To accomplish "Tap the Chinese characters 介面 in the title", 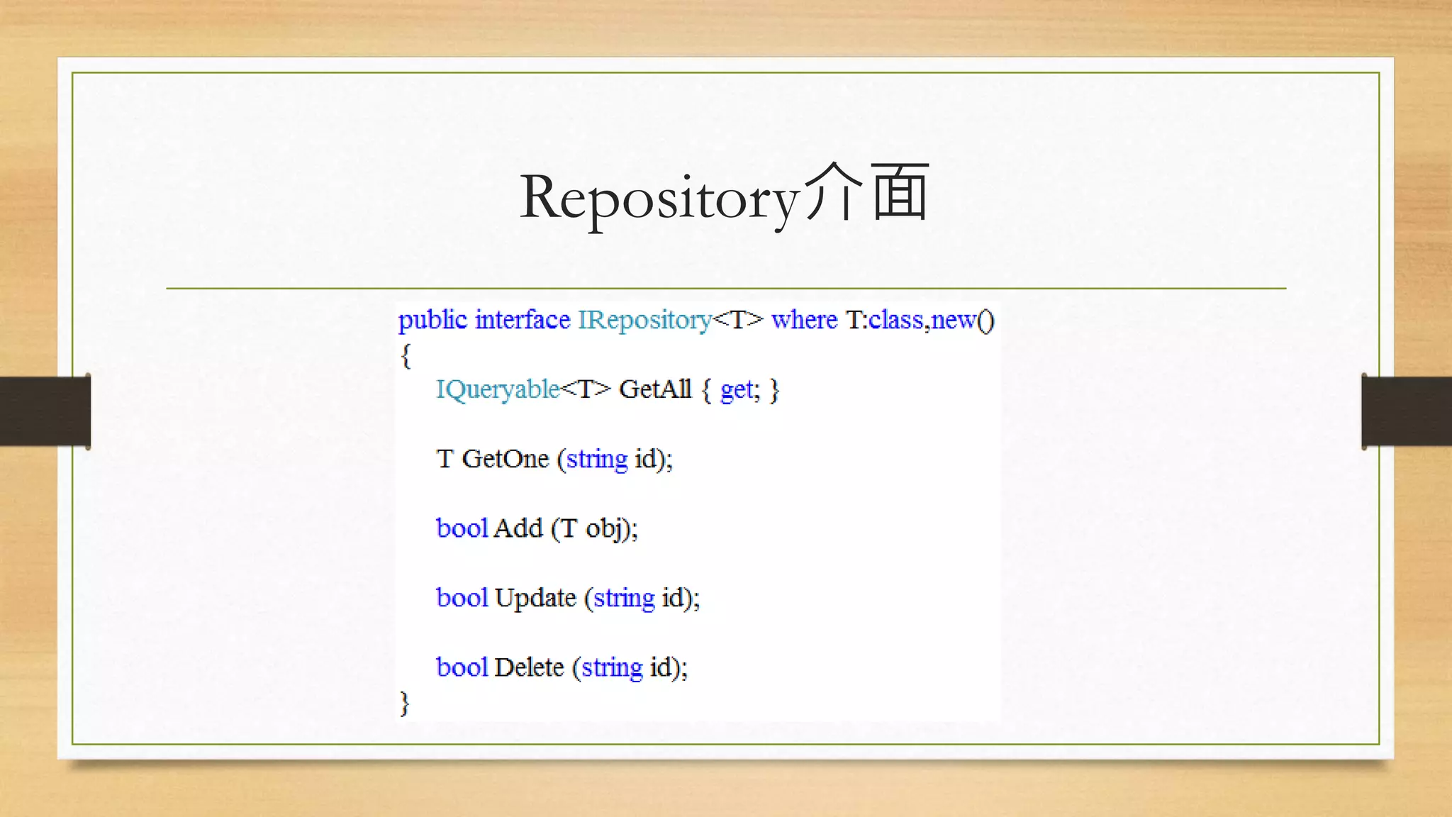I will [866, 193].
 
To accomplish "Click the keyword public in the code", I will [432, 321].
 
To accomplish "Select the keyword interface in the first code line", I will [523, 321].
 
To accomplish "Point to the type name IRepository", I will [644, 321].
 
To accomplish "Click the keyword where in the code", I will [804, 321].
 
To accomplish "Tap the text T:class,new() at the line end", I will [920, 321].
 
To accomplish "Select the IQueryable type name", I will [498, 390].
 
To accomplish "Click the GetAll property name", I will [655, 389].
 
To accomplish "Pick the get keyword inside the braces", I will [736, 390].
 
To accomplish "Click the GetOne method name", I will [506, 459].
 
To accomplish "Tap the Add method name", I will [518, 528].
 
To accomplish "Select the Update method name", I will [535, 599].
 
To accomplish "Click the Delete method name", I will [529, 667].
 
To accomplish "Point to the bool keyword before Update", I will [462, 598].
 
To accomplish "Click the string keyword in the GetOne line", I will [597, 460].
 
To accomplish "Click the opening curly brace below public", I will [406, 355].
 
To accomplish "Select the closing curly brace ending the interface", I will [405, 703].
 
